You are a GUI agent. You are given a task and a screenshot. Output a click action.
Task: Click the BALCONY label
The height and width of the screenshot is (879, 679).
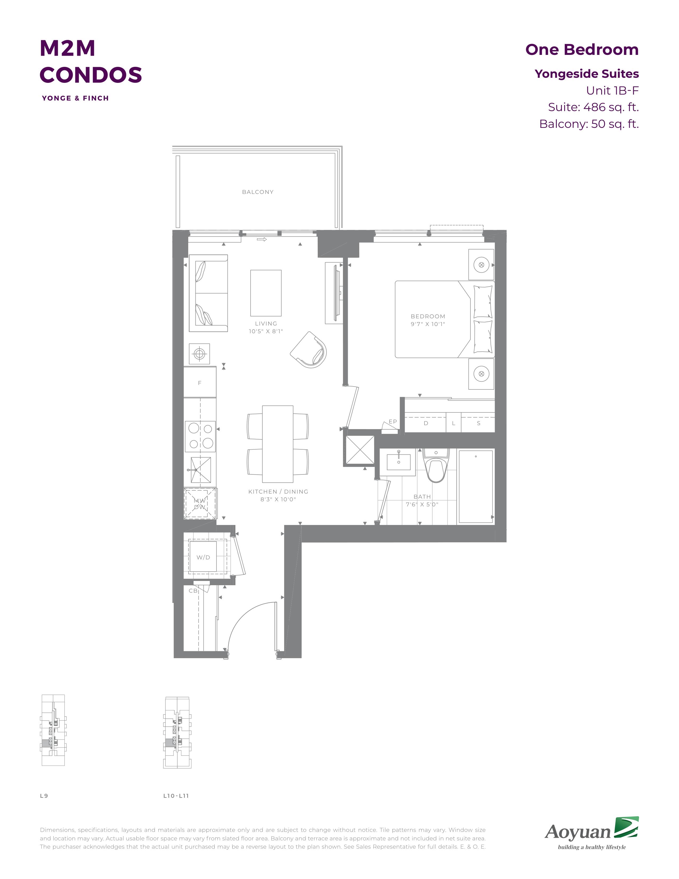coord(257,192)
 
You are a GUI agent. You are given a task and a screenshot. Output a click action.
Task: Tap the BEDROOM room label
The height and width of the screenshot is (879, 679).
coord(428,316)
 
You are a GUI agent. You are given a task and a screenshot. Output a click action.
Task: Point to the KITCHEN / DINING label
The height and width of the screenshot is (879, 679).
coord(278,491)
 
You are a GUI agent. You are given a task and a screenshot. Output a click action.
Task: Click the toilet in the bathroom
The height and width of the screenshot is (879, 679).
coord(436,466)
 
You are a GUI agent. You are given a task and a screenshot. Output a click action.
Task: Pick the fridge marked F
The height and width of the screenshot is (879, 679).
coord(200,382)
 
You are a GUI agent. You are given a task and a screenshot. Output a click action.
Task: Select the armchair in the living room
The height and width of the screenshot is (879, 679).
coord(309,349)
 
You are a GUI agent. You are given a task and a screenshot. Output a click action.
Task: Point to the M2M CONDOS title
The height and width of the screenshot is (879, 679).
coord(91,61)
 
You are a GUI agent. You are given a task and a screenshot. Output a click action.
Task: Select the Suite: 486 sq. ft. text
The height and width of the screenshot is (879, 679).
coord(593,107)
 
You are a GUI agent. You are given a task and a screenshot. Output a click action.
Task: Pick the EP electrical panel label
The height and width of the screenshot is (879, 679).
coord(392,421)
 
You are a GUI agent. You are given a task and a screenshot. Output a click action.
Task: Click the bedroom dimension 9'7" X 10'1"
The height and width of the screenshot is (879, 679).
coord(428,324)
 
